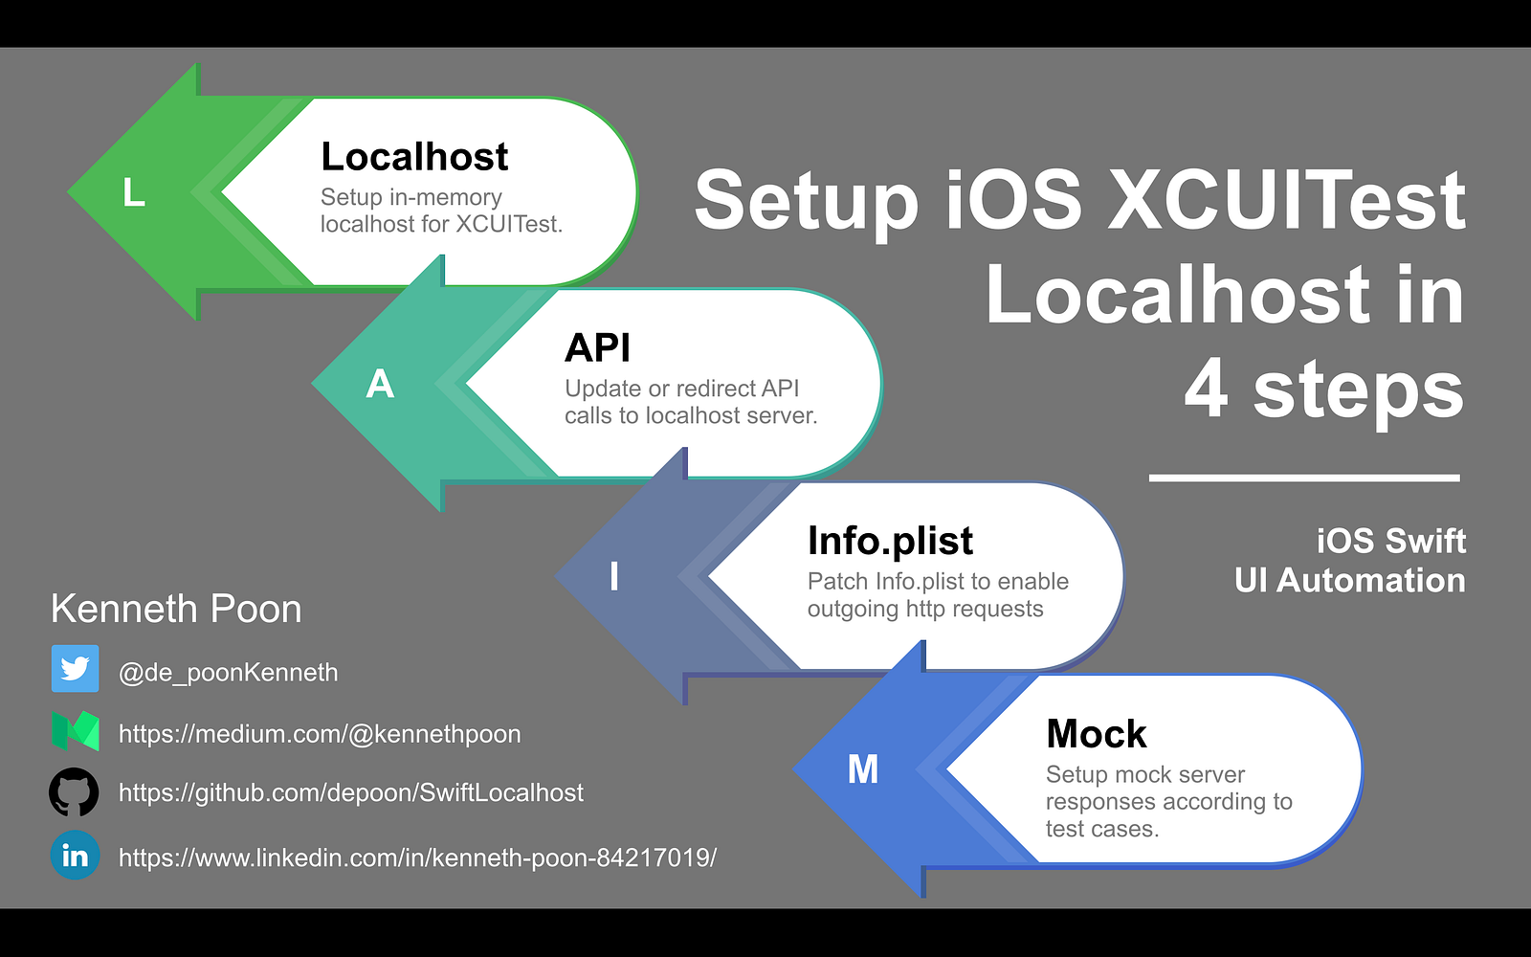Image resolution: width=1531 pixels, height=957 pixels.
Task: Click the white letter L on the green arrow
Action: pos(134,192)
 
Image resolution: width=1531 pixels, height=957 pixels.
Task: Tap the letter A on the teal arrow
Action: pos(380,384)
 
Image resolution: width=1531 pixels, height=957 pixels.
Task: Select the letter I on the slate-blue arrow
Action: pos(614,575)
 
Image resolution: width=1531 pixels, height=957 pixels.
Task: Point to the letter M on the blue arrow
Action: pos(862,769)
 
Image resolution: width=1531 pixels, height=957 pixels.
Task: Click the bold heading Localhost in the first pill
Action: pos(414,157)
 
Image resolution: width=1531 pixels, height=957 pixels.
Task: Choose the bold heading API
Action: pos(597,347)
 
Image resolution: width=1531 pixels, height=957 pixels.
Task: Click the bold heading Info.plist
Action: pos(890,542)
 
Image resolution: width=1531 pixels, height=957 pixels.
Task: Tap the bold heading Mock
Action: pos(1097,733)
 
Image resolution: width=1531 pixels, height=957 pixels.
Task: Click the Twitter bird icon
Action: pos(76,669)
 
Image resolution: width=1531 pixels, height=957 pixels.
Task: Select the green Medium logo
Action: pos(76,731)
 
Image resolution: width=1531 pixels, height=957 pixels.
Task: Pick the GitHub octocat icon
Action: pos(74,791)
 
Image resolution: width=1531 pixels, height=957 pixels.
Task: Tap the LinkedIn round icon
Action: pos(76,856)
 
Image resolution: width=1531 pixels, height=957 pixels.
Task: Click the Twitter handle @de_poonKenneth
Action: pos(229,673)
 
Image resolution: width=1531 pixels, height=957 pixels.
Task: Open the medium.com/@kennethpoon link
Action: pos(320,734)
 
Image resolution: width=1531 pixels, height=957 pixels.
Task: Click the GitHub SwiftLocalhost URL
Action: pos(351,793)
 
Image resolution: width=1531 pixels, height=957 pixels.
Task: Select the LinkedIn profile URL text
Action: pos(417,857)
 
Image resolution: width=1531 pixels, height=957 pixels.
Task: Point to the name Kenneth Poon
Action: pos(176,609)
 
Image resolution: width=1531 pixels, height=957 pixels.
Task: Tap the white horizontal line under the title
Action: pos(1305,478)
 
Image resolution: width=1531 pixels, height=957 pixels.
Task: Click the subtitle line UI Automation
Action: pos(1350,580)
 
